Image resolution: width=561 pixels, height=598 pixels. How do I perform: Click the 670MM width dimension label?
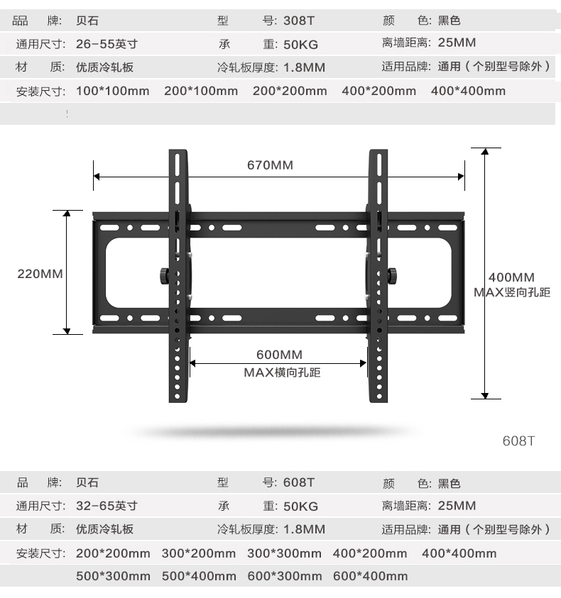tap(270, 165)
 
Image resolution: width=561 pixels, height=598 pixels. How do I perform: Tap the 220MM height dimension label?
tap(40, 274)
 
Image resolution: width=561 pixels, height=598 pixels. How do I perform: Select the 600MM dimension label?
tap(279, 355)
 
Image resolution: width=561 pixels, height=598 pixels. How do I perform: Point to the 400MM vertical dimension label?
tap(511, 277)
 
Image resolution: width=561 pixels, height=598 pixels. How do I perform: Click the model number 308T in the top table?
tap(298, 21)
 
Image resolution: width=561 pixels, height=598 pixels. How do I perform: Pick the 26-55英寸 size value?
tap(107, 44)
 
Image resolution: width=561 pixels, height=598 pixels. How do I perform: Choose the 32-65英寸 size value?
tap(107, 506)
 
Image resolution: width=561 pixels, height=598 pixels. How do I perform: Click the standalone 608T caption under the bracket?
tap(518, 441)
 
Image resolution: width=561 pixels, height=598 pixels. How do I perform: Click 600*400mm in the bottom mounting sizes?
tap(370, 576)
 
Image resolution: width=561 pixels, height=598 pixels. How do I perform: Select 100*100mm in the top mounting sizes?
tap(112, 91)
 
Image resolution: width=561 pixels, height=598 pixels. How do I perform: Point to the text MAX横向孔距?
tap(282, 372)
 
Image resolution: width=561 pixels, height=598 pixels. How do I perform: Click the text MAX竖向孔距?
tap(512, 292)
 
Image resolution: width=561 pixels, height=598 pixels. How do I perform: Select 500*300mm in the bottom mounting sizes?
tap(113, 576)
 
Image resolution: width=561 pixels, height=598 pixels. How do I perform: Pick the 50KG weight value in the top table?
tap(300, 44)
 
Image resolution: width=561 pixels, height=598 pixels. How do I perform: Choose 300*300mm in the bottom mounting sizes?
tap(284, 553)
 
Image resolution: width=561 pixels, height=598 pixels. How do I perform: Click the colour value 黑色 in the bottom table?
tap(449, 483)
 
